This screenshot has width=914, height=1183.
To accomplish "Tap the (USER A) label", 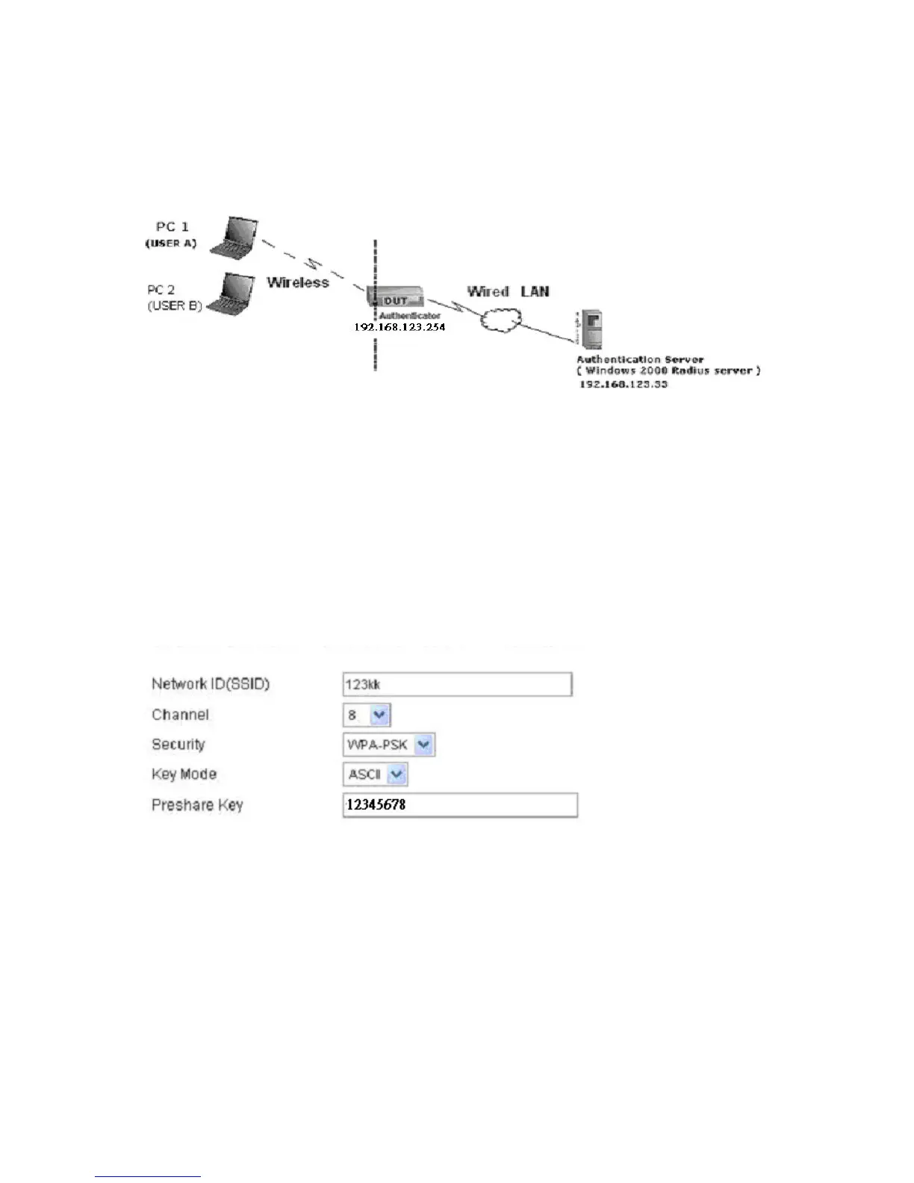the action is (x=170, y=244).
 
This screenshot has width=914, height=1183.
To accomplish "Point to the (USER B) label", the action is (x=175, y=305).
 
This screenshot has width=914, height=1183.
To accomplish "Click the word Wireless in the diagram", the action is (x=298, y=282).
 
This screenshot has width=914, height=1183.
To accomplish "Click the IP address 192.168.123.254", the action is (x=400, y=327).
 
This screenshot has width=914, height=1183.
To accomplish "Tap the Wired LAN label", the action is (x=508, y=291).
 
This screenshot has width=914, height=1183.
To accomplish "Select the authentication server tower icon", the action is (x=590, y=329).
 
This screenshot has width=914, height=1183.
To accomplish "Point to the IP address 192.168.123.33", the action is (x=624, y=384).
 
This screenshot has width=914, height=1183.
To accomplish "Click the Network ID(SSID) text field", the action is (x=457, y=684).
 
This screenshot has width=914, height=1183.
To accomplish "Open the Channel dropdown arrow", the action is (x=380, y=715).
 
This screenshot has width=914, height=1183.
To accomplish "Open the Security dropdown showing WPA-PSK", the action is (x=388, y=745).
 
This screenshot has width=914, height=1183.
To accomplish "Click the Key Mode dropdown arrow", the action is (x=397, y=774).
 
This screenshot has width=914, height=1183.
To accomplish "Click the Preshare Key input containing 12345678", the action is (x=460, y=805).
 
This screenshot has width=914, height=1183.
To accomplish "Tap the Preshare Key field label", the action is (x=197, y=805).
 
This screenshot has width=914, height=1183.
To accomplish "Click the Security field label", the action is (x=178, y=745).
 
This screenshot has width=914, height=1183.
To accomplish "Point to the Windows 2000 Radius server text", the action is (x=668, y=371).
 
